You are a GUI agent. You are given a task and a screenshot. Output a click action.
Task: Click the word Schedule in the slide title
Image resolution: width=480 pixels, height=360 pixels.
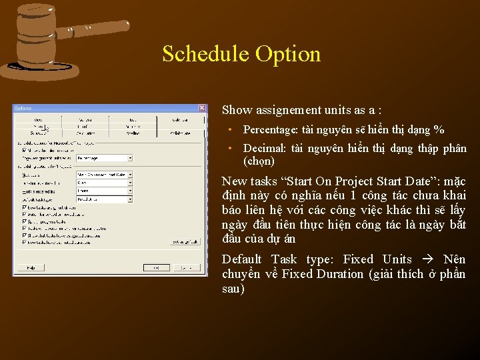coord(203,54)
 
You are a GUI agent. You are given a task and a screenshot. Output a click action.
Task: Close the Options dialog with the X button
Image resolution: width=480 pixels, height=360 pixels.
coord(202,108)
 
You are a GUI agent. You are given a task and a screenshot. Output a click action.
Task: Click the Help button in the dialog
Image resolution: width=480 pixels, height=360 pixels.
coord(31,267)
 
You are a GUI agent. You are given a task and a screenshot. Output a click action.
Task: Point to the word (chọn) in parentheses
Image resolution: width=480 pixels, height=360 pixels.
coord(259,161)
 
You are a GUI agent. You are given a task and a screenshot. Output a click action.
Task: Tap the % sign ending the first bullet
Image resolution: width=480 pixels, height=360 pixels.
coord(439,130)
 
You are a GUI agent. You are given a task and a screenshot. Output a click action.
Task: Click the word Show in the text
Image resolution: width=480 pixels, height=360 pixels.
coord(235,110)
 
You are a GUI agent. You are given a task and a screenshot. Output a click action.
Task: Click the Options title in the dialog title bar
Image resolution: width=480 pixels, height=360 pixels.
coord(23,108)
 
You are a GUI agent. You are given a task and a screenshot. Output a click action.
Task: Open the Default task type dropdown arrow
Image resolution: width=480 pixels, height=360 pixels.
coord(130,199)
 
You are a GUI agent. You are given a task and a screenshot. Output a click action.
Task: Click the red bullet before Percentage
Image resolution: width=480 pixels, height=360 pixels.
coord(229,130)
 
